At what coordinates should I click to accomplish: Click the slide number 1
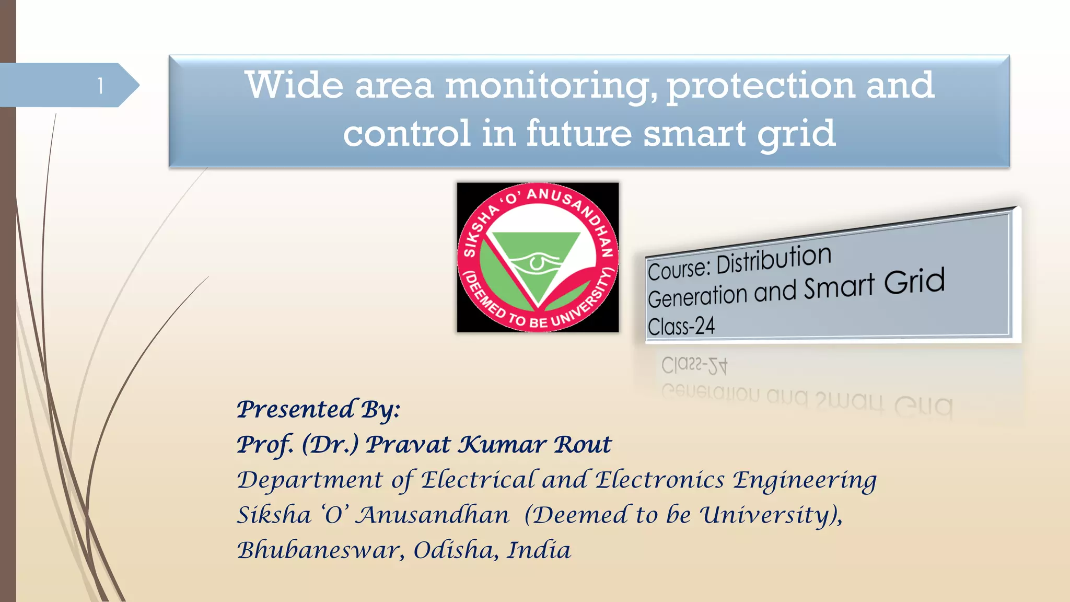click(100, 86)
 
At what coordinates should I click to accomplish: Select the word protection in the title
click(761, 86)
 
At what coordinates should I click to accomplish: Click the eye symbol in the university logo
click(537, 261)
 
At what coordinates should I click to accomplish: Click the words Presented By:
click(318, 409)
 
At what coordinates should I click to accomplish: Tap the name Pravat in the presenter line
click(408, 445)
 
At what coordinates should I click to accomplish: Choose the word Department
click(310, 480)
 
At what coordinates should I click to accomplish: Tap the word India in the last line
click(539, 550)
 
